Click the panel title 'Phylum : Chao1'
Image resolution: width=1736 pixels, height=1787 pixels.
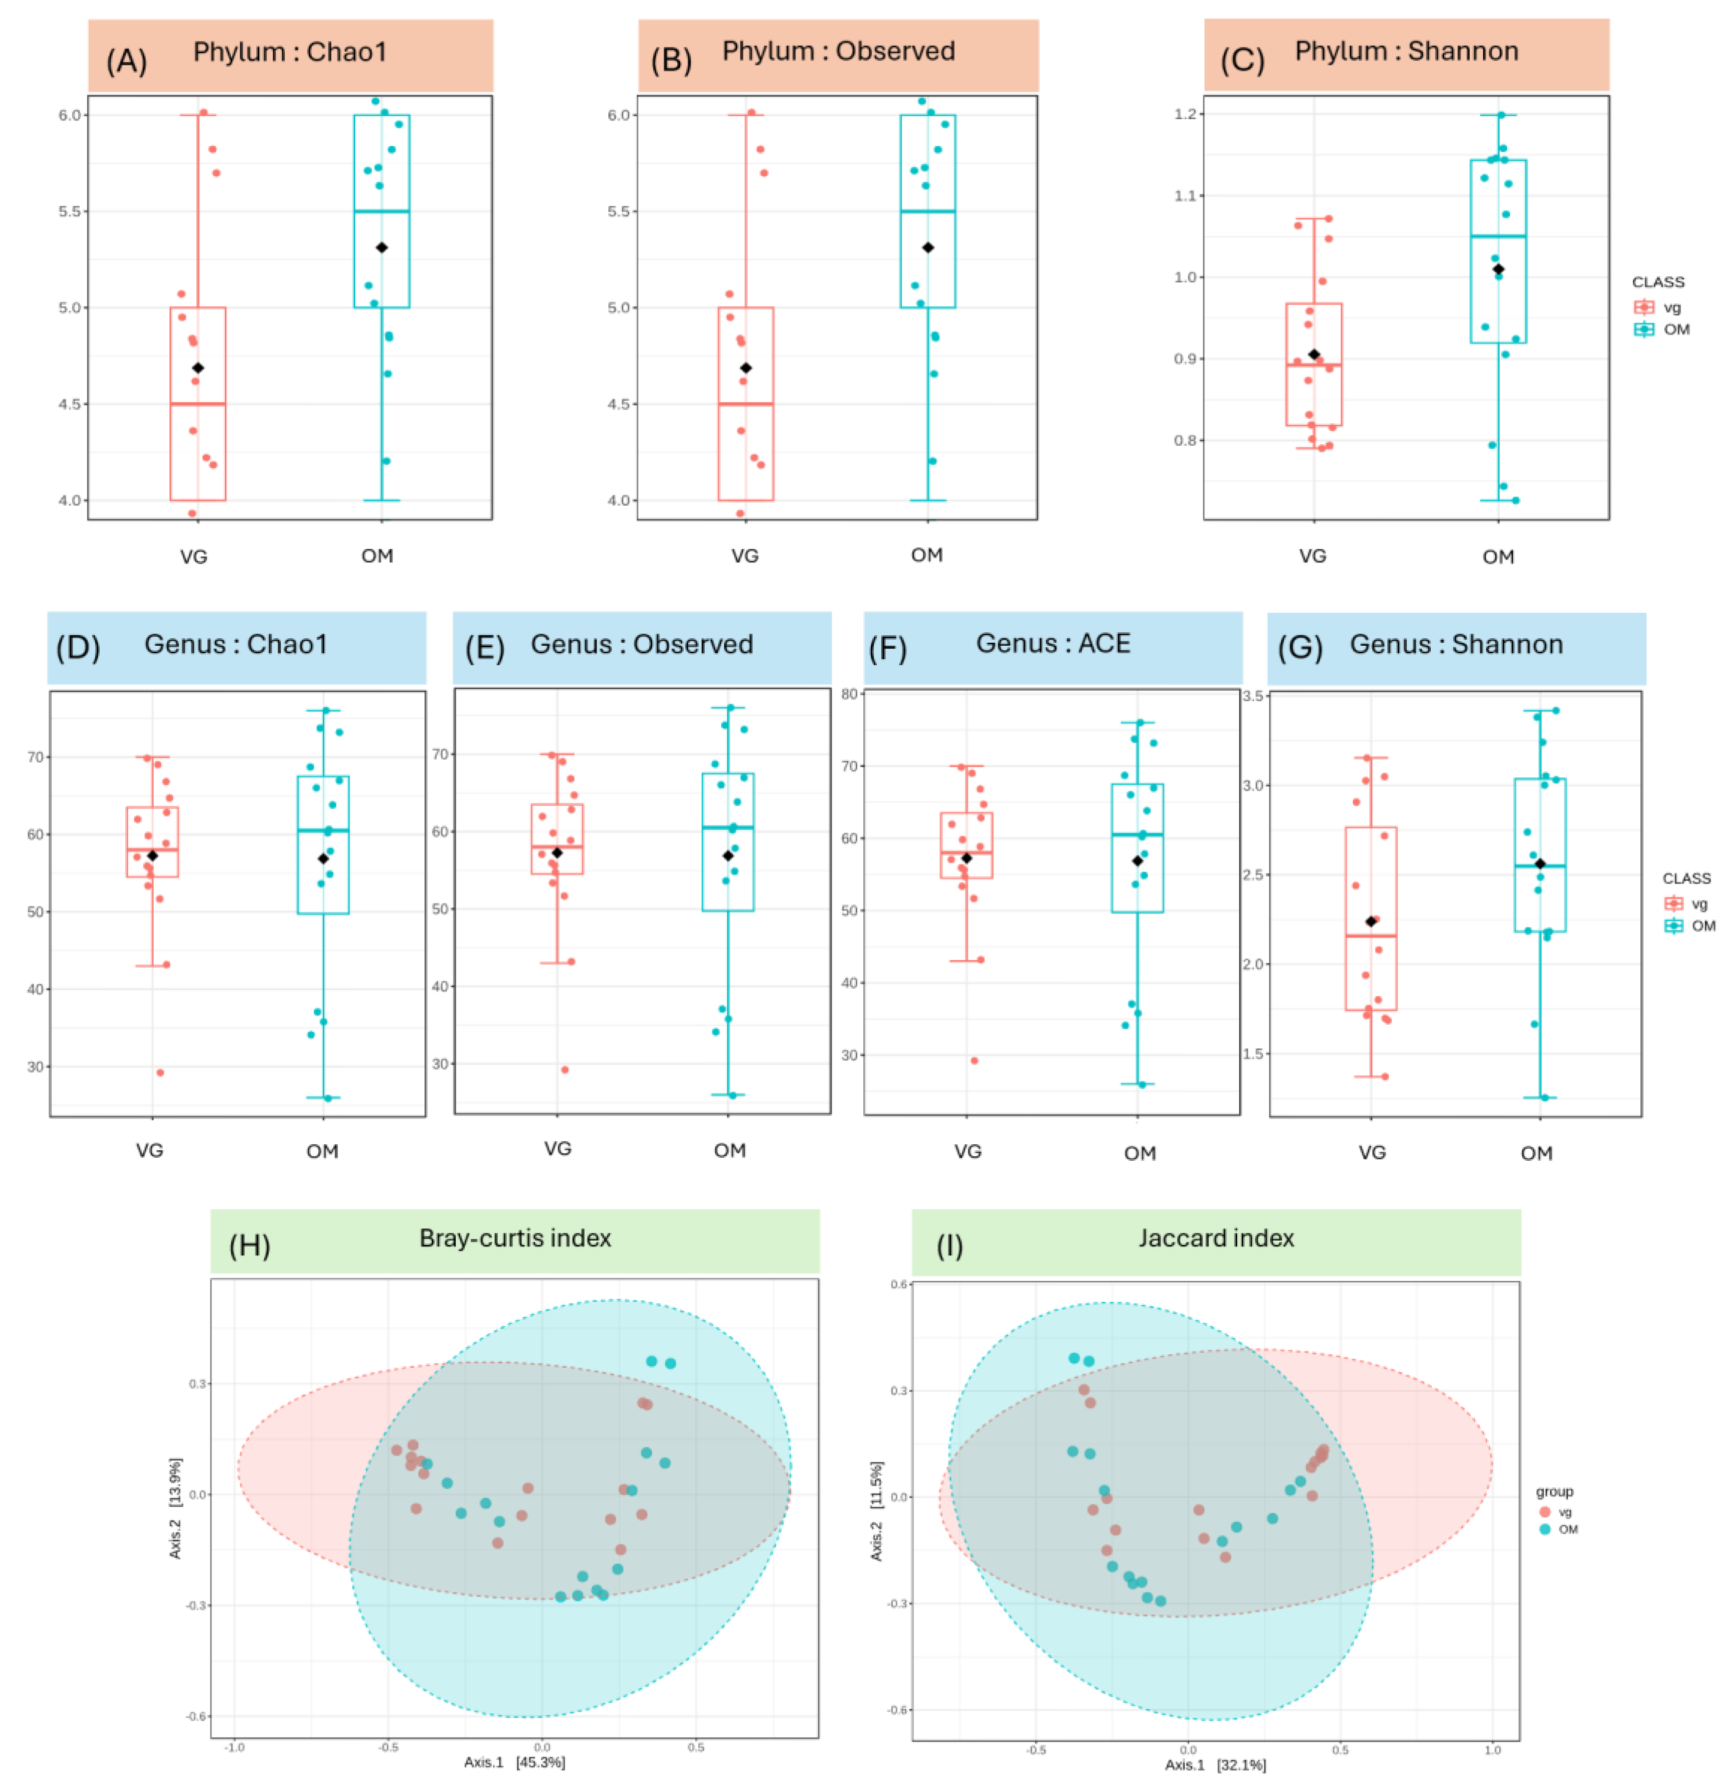tap(290, 52)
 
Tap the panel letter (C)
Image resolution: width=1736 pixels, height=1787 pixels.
tap(1242, 60)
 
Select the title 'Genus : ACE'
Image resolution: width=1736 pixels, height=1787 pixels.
tap(1053, 644)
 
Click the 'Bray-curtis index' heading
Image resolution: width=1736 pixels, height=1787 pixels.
tap(515, 1238)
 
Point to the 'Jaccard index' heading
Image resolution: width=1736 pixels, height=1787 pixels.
tap(1216, 1238)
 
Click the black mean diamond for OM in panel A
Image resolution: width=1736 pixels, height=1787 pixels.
tap(382, 248)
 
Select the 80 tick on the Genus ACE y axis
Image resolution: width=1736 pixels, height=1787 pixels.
tap(850, 694)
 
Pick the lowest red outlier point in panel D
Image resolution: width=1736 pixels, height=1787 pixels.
tap(160, 1072)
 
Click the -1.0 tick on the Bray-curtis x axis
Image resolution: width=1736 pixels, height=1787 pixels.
tap(234, 1748)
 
